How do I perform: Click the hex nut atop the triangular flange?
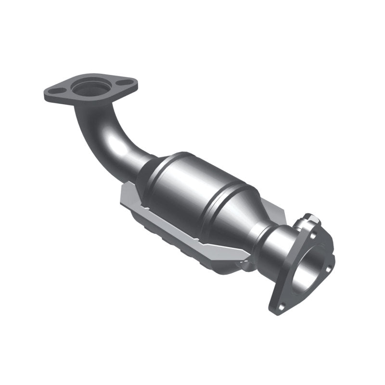pos(311,219)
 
